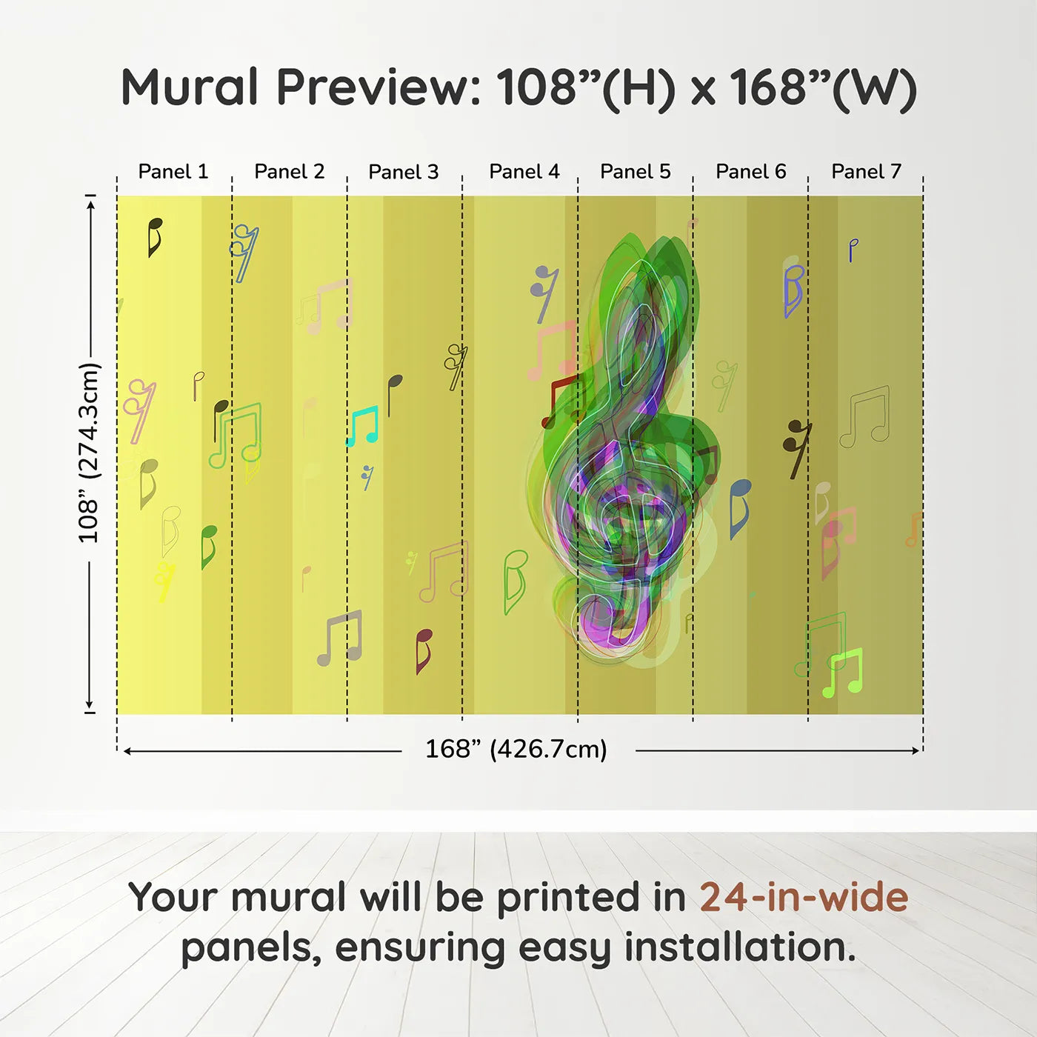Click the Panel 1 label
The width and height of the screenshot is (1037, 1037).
point(173,172)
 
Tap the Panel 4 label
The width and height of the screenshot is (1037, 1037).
point(524,172)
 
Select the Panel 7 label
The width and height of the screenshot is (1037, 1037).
point(866,172)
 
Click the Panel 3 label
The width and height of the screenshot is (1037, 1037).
point(404,172)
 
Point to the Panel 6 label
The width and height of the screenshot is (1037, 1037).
point(750,172)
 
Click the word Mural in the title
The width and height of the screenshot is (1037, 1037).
point(190,87)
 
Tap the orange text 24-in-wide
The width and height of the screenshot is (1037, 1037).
point(804,897)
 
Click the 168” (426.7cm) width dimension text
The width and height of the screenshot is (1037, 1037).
point(516,749)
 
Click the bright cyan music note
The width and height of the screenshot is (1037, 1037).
point(363,426)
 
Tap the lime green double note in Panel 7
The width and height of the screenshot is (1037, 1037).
point(843,673)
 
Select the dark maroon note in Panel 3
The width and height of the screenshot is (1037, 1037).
point(424,651)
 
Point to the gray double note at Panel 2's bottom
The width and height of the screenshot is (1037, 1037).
point(339,638)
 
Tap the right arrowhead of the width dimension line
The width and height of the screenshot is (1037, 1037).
point(916,750)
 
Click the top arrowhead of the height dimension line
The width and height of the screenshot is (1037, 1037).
point(92,205)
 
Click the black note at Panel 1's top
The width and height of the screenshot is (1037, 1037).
point(155,237)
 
